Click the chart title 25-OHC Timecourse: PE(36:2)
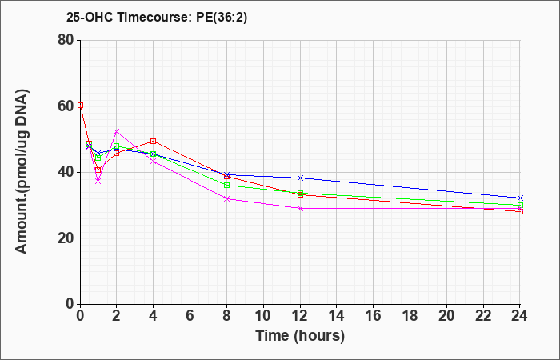[157, 17]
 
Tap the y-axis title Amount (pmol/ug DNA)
[22, 171]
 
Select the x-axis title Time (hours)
[300, 336]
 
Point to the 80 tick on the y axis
[66, 40]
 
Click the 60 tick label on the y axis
[66, 106]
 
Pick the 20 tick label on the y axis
[66, 238]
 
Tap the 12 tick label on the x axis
[300, 316]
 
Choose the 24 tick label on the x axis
[520, 316]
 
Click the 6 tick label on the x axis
[190, 316]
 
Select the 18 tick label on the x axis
[410, 316]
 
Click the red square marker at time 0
[80, 106]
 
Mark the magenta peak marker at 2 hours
[117, 132]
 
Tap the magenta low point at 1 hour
[98, 182]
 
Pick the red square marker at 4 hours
[154, 141]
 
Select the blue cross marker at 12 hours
[300, 178]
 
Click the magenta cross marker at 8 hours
[226, 199]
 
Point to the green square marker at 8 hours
[226, 185]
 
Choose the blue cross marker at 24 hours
[520, 198]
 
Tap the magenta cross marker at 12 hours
[300, 208]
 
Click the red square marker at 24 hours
[520, 211]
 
